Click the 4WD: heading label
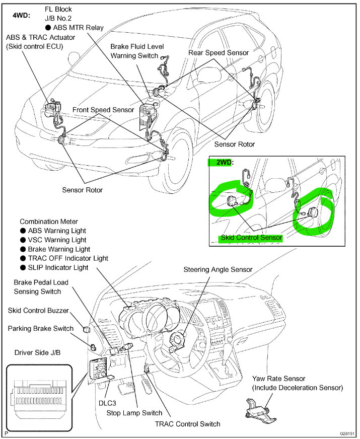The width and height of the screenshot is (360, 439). (21, 15)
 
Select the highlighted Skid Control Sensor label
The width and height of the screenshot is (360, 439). (251, 237)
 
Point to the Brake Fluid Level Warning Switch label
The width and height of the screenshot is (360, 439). (134, 51)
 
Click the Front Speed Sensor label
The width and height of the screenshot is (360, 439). (103, 109)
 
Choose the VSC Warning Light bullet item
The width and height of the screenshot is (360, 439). (55, 240)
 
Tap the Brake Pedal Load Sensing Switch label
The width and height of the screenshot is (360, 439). (41, 287)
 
